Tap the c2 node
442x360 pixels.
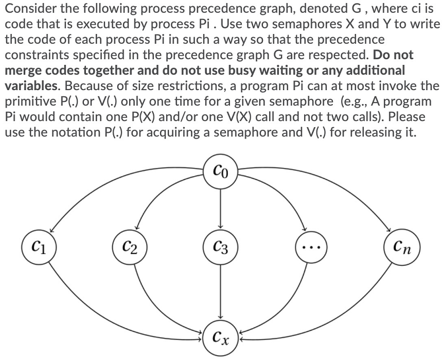point(130,242)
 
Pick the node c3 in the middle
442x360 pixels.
point(221,242)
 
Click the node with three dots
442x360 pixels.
point(311,242)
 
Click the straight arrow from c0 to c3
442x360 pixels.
point(221,206)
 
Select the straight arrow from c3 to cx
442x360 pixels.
point(221,288)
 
